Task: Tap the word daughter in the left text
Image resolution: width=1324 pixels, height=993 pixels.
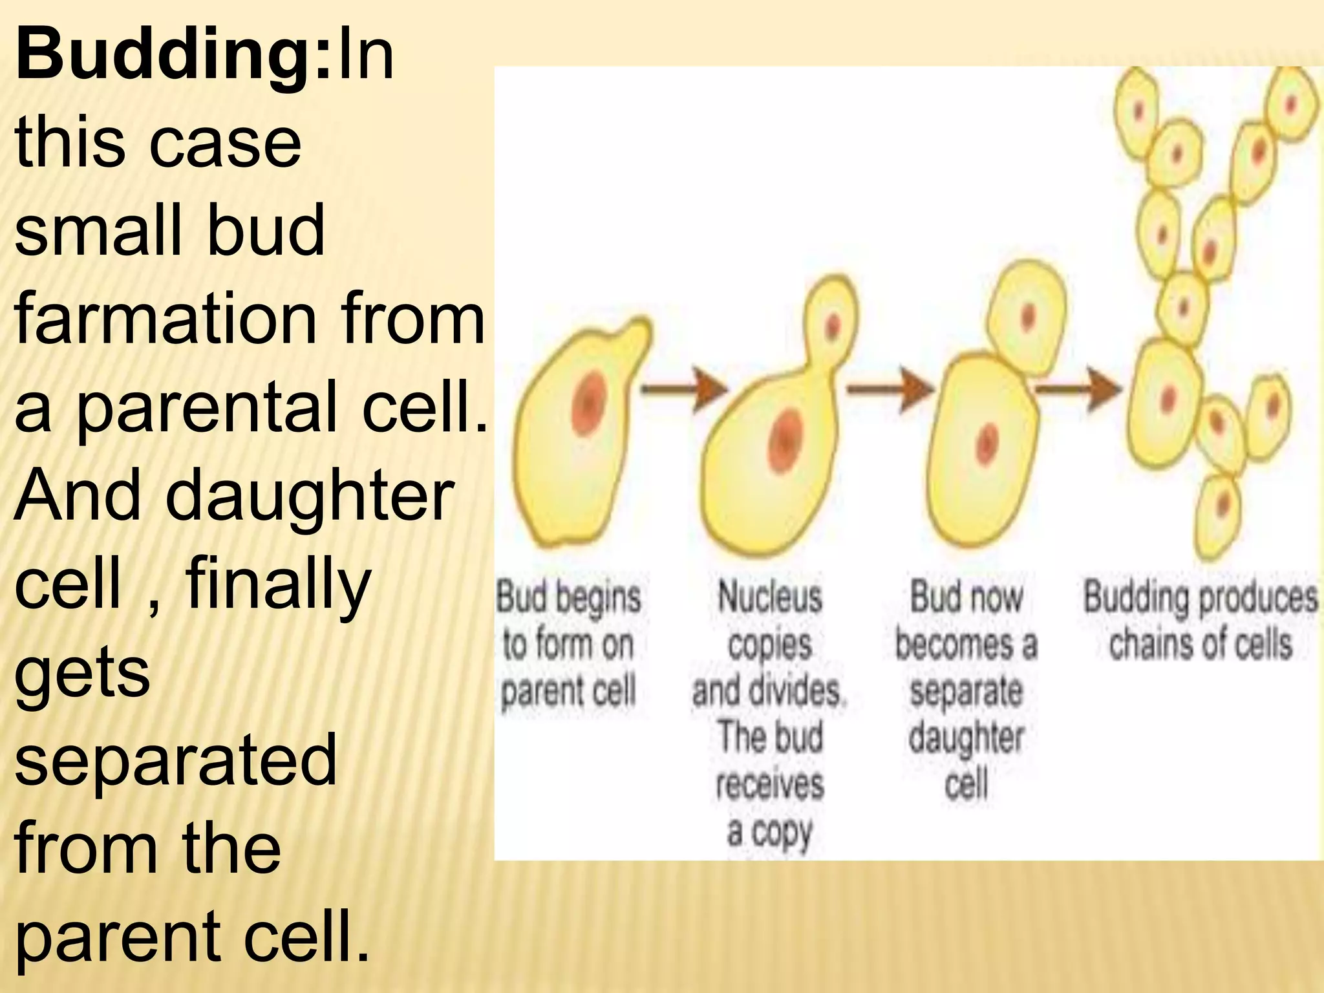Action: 310,498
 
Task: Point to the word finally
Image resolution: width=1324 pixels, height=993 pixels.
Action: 278,585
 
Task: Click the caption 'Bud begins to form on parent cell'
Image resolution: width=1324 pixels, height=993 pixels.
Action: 568,644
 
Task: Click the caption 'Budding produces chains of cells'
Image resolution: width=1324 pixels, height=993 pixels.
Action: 1200,621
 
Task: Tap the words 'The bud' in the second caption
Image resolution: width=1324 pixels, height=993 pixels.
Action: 769,738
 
